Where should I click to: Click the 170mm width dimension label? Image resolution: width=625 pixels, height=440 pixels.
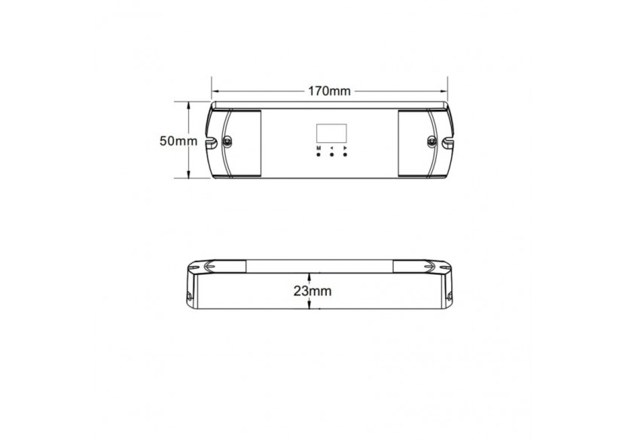(x=329, y=91)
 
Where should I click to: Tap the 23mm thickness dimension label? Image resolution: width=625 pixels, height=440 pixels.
(x=309, y=290)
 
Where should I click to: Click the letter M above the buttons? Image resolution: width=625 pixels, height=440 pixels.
(x=319, y=148)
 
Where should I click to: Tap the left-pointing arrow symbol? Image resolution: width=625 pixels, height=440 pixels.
(x=331, y=148)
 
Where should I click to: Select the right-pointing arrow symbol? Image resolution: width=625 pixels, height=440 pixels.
(x=345, y=148)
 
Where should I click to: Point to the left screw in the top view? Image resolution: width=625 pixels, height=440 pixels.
(x=227, y=141)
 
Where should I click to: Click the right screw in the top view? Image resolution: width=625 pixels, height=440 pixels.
(x=431, y=141)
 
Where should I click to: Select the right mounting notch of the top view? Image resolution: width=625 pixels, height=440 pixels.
(x=447, y=141)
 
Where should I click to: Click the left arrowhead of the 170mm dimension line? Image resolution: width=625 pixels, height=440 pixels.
(x=215, y=91)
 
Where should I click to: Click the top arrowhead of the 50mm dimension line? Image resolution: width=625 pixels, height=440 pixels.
(x=186, y=105)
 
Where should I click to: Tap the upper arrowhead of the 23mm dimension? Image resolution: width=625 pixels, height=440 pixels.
(x=309, y=275)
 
